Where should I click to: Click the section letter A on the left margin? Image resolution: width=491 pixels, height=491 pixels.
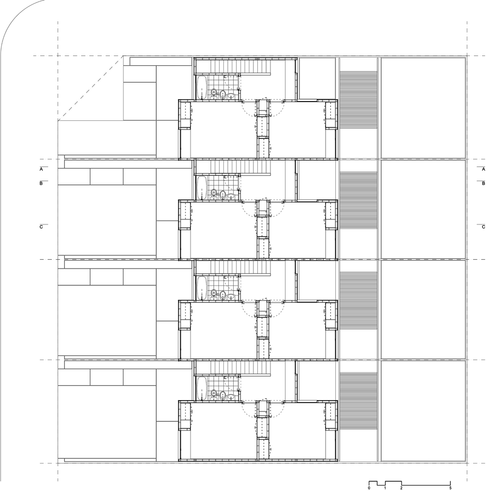pyautogui.click(x=42, y=169)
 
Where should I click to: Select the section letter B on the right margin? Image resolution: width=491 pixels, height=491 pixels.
pyautogui.click(x=484, y=184)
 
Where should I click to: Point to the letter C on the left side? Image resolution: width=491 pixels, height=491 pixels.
pyautogui.click(x=42, y=227)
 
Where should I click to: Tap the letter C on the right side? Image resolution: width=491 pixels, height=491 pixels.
pyautogui.click(x=484, y=227)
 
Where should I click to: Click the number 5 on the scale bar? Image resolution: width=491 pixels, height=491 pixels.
pyautogui.click(x=450, y=488)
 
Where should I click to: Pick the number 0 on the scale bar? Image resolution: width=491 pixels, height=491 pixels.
pyautogui.click(x=369, y=488)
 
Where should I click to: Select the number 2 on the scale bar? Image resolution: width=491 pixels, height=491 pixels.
pyautogui.click(x=402, y=488)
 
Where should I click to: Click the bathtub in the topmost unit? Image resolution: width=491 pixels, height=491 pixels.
pyautogui.click(x=201, y=87)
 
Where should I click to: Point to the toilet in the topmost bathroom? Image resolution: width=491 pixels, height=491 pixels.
pyautogui.click(x=214, y=93)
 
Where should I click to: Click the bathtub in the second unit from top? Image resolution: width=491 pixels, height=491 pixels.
pyautogui.click(x=201, y=188)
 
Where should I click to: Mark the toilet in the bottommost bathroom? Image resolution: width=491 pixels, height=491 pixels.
pyautogui.click(x=214, y=394)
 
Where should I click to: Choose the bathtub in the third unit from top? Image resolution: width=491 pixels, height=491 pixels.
pyautogui.click(x=201, y=288)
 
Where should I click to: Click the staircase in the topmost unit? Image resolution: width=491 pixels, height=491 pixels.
pyautogui.click(x=241, y=67)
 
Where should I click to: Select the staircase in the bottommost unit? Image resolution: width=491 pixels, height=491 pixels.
pyautogui.click(x=241, y=368)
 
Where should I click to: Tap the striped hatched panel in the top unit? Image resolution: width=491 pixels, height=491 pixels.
pyautogui.click(x=358, y=101)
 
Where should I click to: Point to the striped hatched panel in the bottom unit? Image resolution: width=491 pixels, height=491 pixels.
pyautogui.click(x=358, y=402)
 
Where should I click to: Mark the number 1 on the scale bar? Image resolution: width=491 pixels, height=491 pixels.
pyautogui.click(x=385, y=488)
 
